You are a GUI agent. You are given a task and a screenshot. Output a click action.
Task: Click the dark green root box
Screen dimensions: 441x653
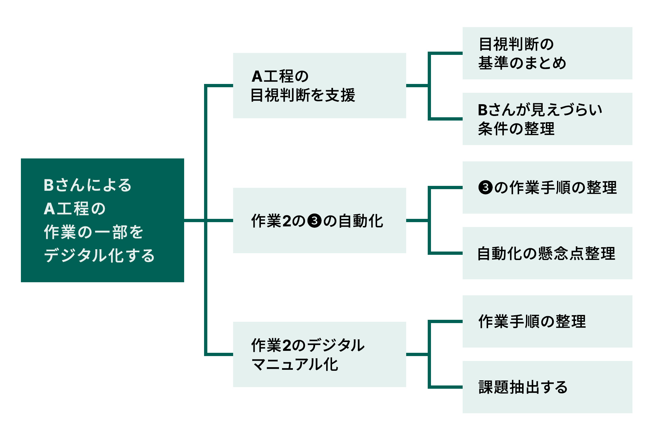click(102, 220)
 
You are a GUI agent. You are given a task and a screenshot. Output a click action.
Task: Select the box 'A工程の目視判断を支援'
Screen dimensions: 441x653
click(319, 86)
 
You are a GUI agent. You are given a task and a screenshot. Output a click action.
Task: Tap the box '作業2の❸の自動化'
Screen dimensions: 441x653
click(319, 220)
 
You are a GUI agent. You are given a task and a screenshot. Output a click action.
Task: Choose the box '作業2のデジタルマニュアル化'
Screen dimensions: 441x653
click(319, 354)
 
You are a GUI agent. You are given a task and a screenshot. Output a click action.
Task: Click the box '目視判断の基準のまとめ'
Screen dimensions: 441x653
click(547, 53)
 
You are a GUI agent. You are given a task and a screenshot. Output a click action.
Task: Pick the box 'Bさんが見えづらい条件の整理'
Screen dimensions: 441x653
click(547, 119)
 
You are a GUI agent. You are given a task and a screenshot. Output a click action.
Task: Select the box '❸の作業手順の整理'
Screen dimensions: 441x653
click(547, 188)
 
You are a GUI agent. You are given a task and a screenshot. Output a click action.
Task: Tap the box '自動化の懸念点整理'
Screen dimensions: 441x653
click(547, 253)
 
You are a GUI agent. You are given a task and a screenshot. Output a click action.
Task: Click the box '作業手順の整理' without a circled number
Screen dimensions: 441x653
click(547, 321)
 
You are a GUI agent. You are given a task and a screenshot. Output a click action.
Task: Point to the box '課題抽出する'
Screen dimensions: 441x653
click(547, 387)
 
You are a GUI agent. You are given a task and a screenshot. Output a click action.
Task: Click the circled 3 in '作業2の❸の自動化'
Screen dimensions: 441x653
click(315, 221)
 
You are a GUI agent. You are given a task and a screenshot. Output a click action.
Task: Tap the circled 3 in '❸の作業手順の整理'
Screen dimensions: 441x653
click(485, 188)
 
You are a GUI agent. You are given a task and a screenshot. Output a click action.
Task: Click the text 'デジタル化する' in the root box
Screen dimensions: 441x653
click(99, 255)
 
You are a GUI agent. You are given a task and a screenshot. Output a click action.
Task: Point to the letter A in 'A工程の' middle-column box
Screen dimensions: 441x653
click(257, 76)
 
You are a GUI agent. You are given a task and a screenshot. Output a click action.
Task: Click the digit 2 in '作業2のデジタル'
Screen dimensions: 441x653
click(287, 346)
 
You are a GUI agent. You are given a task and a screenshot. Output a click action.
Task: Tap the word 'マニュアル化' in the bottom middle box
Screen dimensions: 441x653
click(295, 364)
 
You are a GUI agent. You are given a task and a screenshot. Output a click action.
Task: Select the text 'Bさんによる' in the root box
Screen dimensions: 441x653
click(88, 185)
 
